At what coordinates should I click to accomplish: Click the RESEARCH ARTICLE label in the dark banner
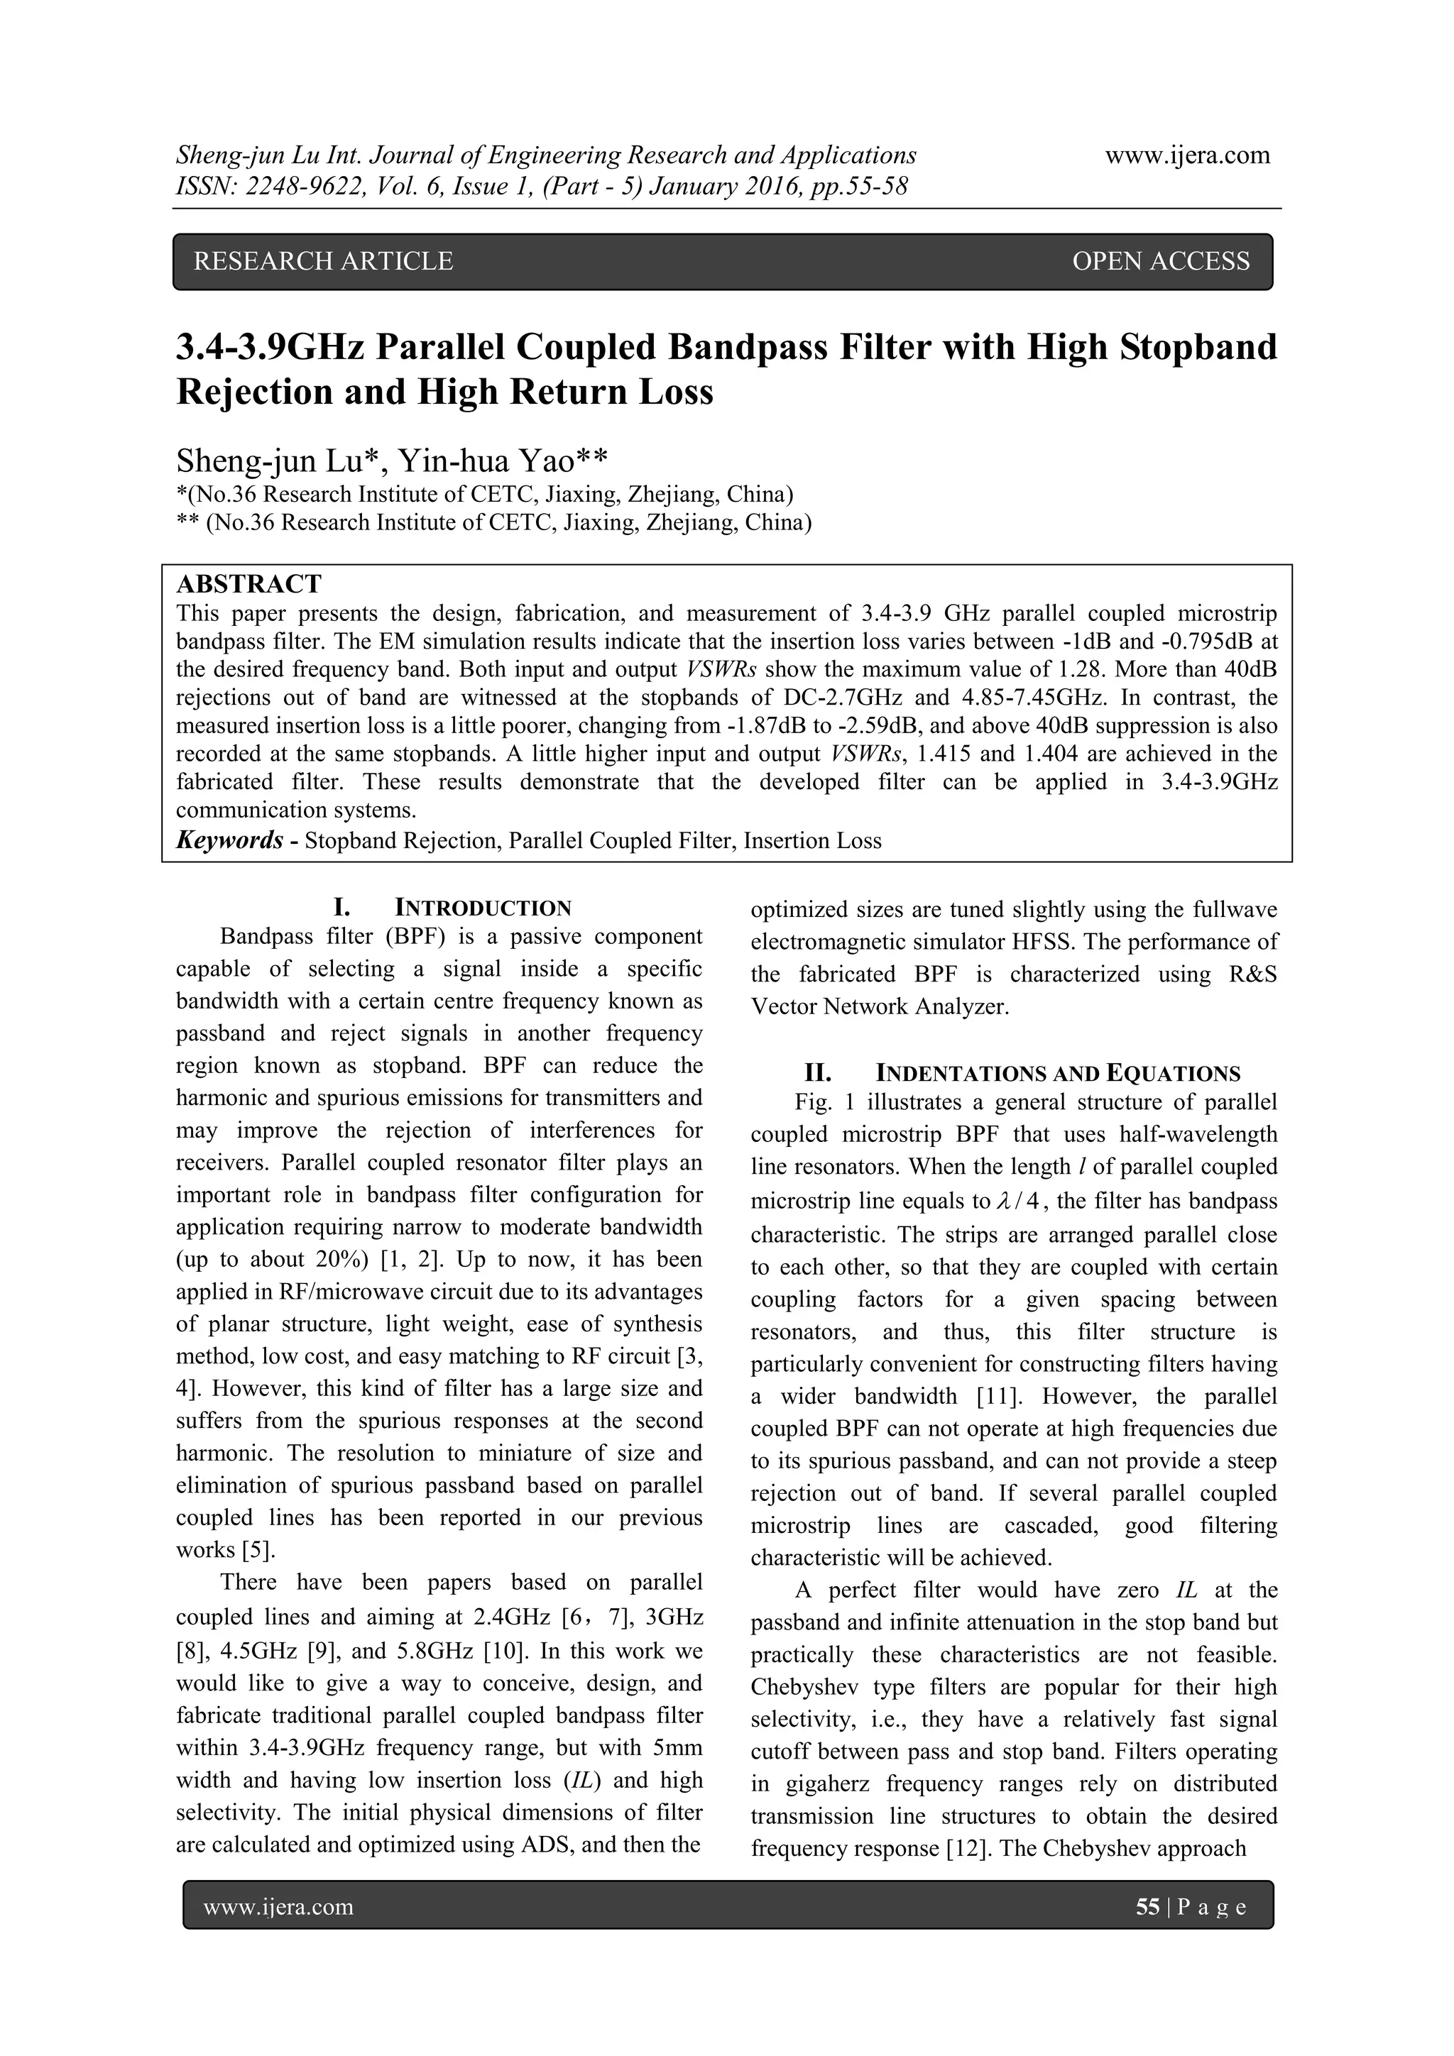tap(324, 261)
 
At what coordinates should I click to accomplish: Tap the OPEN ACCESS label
tap(1160, 261)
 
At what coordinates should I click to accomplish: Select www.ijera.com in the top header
tap(1187, 156)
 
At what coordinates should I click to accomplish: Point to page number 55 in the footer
tap(1147, 1908)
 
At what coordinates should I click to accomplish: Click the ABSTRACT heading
tap(248, 585)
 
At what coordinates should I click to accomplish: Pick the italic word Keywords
tap(229, 841)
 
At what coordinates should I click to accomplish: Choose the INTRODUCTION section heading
tap(483, 908)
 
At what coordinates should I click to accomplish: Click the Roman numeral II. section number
tap(818, 1073)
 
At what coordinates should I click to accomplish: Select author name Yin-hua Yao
tap(486, 461)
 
